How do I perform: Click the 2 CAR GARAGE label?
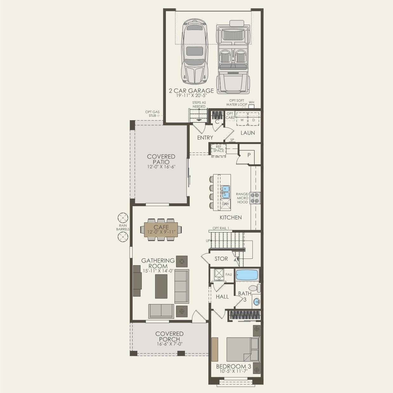tap(191, 91)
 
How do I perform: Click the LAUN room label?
tap(247, 133)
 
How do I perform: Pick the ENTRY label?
tap(205, 138)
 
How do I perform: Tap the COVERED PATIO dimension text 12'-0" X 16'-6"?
tap(161, 167)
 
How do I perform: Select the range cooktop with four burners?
tap(255, 198)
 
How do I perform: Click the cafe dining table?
tap(161, 229)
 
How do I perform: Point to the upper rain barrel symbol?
tap(122, 218)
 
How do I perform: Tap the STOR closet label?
tap(221, 259)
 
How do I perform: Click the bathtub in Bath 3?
tap(247, 275)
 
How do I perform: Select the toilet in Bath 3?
tap(254, 288)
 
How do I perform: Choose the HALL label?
tap(222, 297)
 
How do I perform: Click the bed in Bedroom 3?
tap(243, 349)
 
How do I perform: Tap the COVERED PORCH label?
tap(169, 336)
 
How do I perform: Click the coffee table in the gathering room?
tap(161, 286)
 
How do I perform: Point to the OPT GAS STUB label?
tap(152, 114)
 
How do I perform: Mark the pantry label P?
tap(249, 155)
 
